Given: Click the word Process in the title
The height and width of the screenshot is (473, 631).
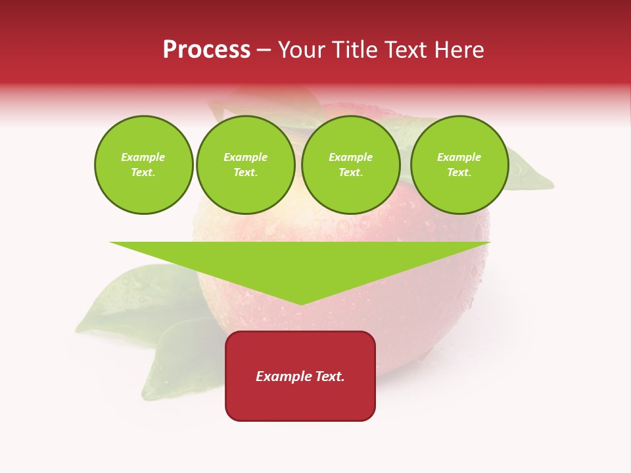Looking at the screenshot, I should tap(206, 50).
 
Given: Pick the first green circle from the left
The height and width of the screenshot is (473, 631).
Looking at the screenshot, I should tap(144, 165).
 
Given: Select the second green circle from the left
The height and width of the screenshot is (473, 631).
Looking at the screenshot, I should tap(246, 165).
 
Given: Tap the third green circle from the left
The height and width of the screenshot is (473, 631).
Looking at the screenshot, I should tap(351, 165).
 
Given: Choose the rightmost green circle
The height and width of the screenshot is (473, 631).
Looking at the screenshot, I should tap(459, 165).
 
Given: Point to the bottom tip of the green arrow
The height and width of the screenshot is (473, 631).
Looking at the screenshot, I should tap(301, 304).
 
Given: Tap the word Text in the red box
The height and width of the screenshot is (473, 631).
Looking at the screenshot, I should tap(329, 376).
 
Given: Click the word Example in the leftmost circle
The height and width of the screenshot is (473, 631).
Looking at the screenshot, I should tap(143, 158).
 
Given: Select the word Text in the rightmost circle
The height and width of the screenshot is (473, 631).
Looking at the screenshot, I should tap(459, 173).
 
